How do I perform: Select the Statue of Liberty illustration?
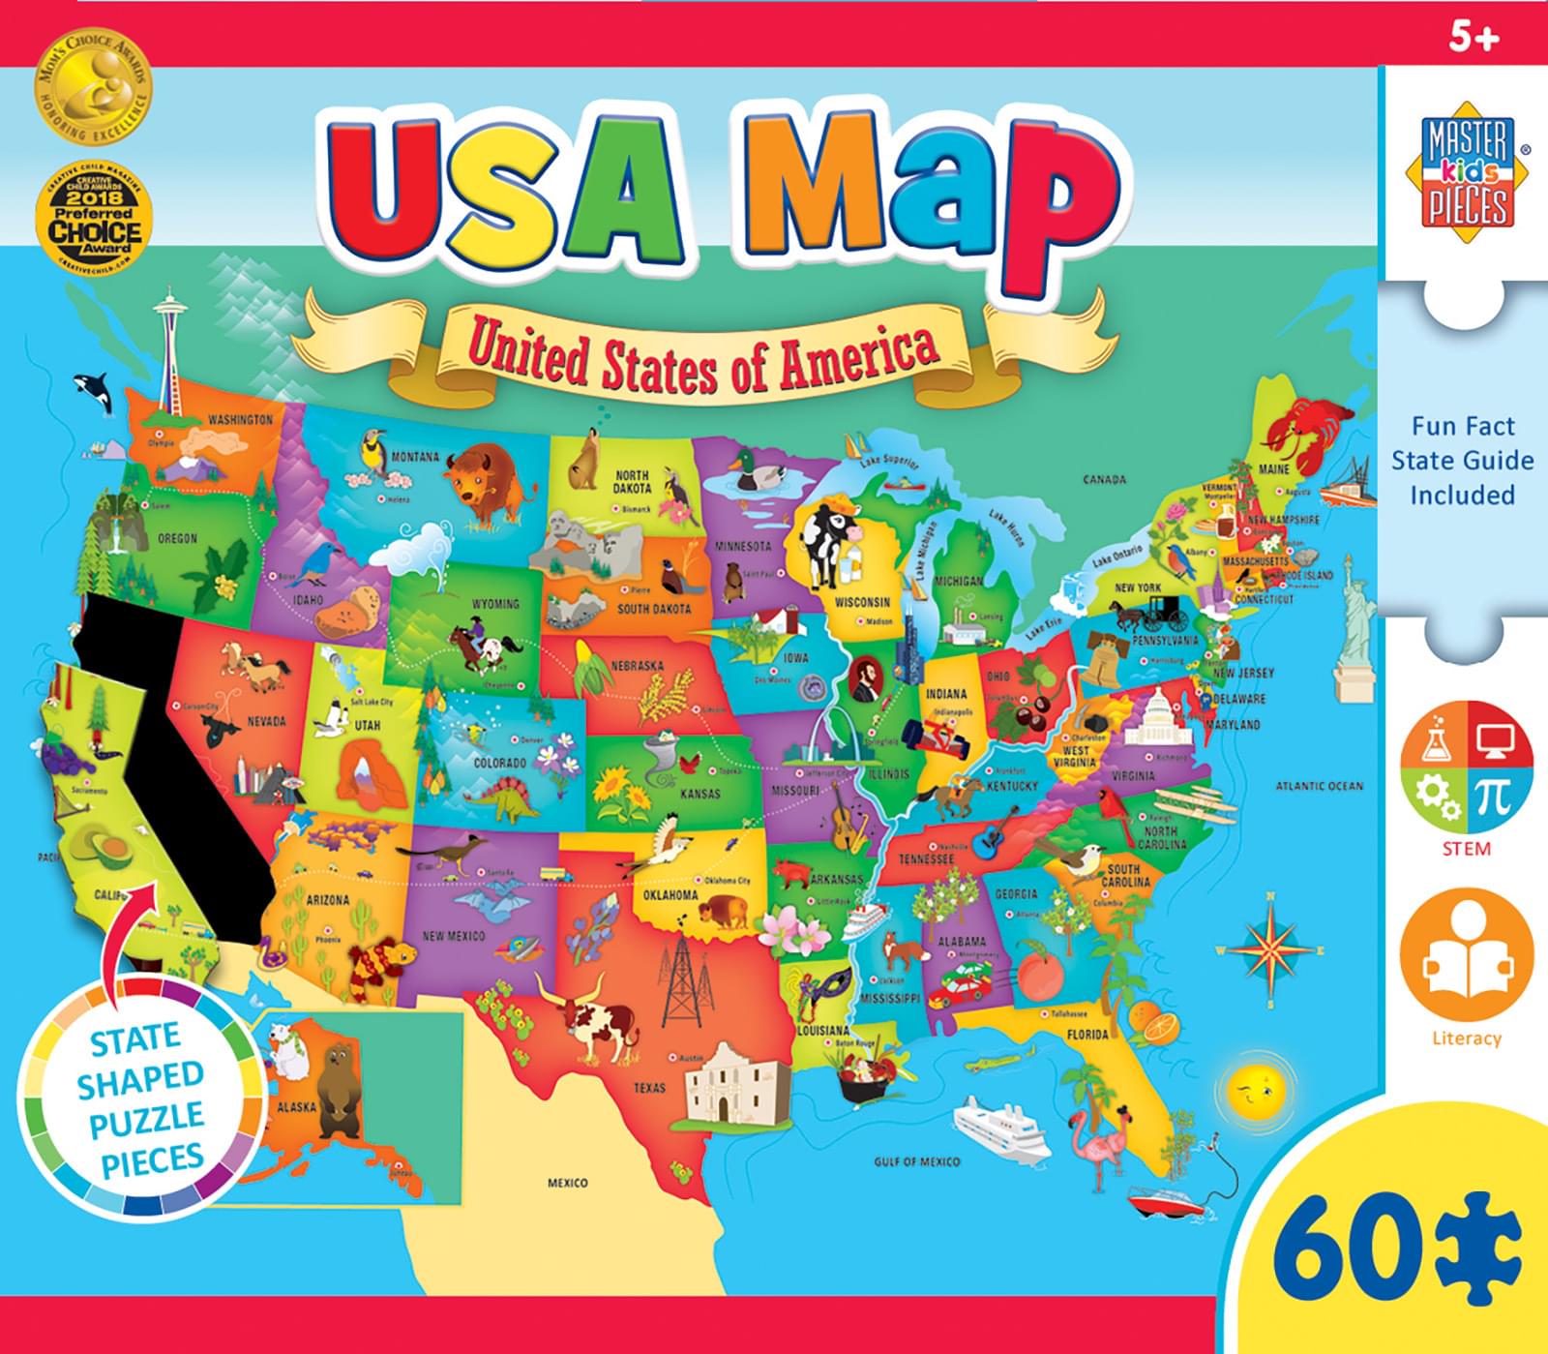coord(1354,619)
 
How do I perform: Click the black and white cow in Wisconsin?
coord(827,542)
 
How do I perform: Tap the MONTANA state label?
coord(415,457)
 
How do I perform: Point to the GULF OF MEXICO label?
coord(917,1161)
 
